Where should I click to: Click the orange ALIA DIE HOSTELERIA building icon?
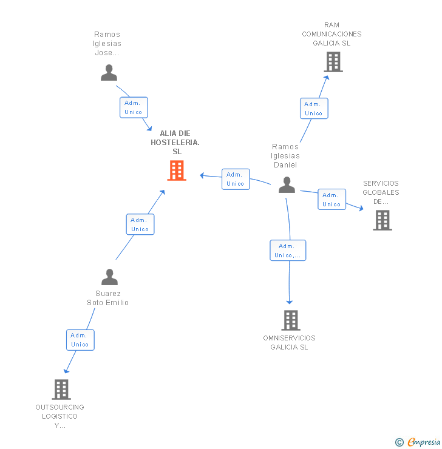click(x=177, y=170)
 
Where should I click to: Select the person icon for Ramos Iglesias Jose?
click(x=109, y=73)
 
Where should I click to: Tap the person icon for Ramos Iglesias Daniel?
click(x=287, y=184)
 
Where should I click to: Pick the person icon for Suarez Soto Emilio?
click(x=109, y=277)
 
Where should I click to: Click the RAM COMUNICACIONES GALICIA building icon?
click(x=333, y=62)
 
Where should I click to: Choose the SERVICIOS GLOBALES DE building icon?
click(x=382, y=220)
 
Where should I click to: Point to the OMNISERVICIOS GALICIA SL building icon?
click(x=291, y=320)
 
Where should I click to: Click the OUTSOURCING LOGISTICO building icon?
click(x=61, y=389)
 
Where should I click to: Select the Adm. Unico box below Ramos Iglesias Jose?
click(x=134, y=107)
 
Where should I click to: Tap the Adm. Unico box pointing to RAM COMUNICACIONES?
click(x=314, y=109)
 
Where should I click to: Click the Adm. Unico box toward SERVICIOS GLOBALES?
click(x=331, y=200)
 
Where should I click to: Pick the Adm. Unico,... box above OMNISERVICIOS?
click(x=288, y=251)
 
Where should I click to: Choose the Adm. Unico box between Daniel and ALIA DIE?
click(x=236, y=179)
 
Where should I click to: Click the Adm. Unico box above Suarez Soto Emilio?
click(x=140, y=224)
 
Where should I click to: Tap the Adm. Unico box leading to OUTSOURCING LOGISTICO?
click(x=80, y=340)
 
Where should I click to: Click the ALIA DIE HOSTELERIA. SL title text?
click(x=175, y=142)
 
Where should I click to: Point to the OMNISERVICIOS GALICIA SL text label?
click(x=290, y=343)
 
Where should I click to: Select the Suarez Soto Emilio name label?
click(x=108, y=298)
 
